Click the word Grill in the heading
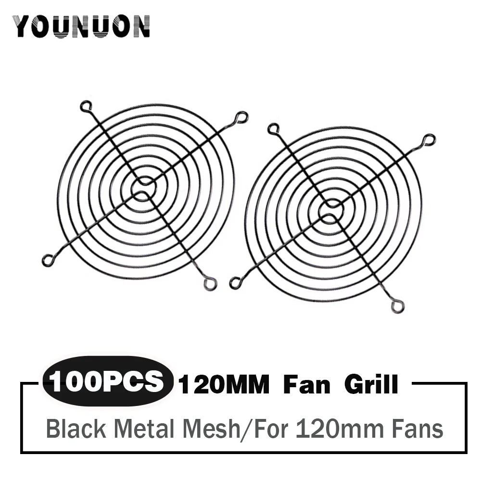(x=371, y=385)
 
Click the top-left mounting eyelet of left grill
(x=86, y=105)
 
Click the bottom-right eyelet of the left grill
(x=210, y=283)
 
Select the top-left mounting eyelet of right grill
(x=273, y=128)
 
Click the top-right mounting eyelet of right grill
(x=430, y=140)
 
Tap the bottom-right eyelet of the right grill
(x=397, y=306)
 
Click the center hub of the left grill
(x=143, y=189)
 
